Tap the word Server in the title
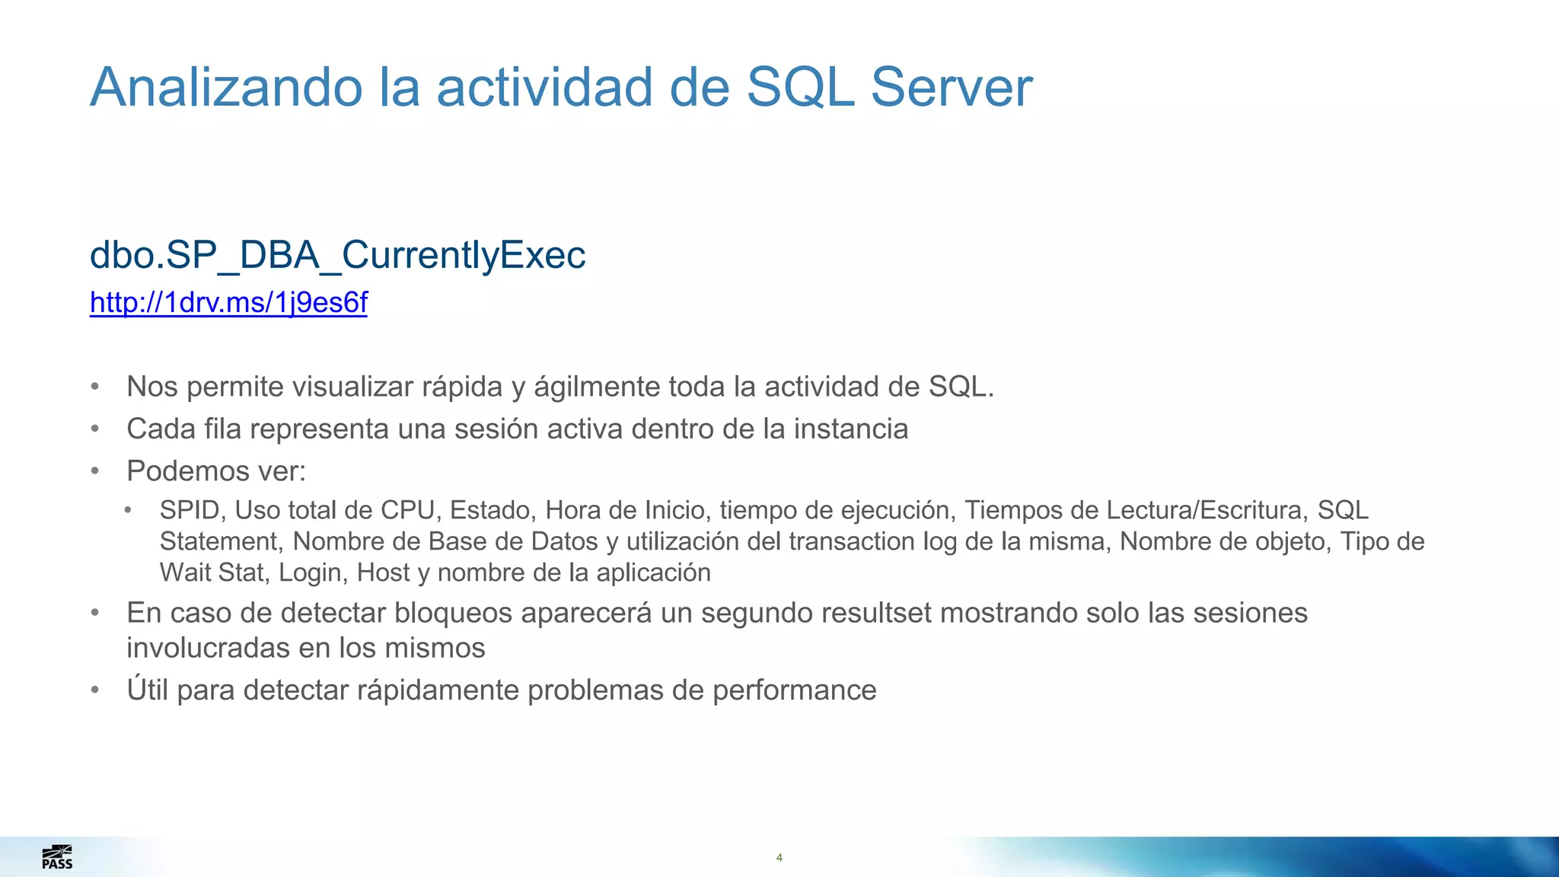coord(951,88)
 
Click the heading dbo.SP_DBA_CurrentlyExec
coord(337,255)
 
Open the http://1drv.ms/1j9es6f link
coord(228,303)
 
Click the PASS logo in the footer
coord(57,857)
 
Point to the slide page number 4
coord(779,858)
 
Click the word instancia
coord(851,429)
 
